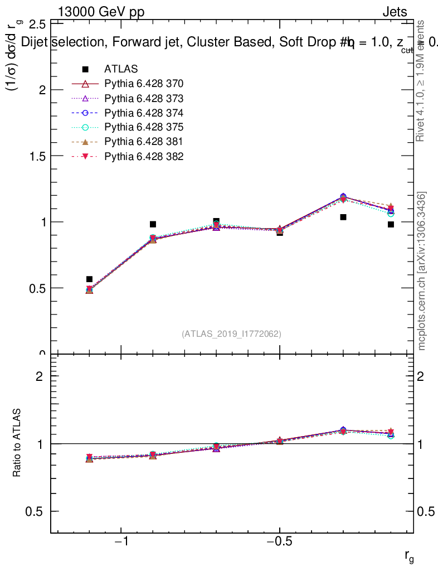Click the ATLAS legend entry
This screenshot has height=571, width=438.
(x=120, y=70)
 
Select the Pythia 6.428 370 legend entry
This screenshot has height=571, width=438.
(x=143, y=84)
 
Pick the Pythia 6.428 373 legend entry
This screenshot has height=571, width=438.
(x=143, y=99)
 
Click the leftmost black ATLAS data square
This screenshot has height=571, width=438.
(x=89, y=279)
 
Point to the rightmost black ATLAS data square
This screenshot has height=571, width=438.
(x=391, y=224)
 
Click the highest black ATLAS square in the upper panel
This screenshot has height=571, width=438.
(x=343, y=217)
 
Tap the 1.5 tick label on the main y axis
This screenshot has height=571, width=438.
(x=37, y=156)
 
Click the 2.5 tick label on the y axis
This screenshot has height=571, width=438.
(x=37, y=24)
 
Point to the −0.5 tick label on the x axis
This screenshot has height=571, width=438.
(x=279, y=543)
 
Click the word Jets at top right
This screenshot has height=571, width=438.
(x=395, y=12)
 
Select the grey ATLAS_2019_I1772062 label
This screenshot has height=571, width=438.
(x=231, y=334)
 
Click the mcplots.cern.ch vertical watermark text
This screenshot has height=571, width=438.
(x=422, y=271)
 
